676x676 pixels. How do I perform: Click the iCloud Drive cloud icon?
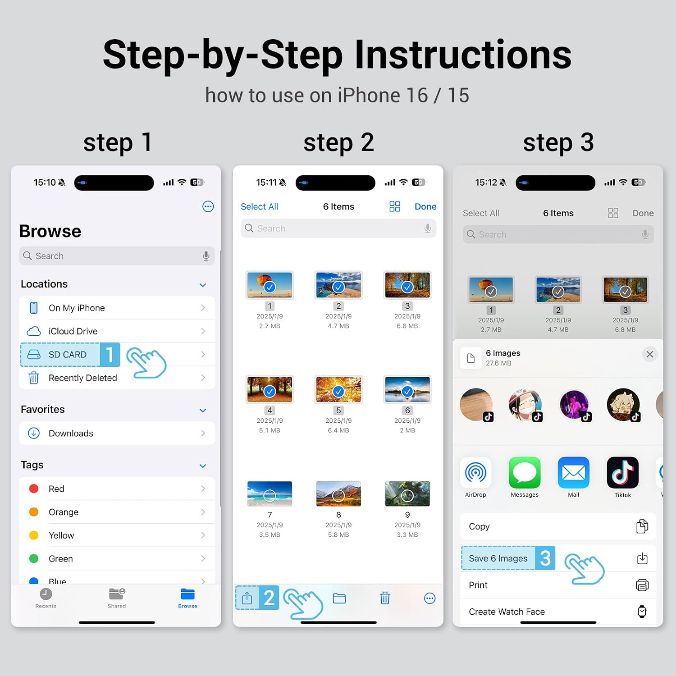click(34, 331)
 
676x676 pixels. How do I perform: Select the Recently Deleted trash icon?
click(34, 378)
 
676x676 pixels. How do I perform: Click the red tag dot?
click(34, 489)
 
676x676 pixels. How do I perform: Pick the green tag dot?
click(34, 558)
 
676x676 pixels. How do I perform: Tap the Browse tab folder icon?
click(187, 594)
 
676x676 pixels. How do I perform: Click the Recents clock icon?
click(46, 594)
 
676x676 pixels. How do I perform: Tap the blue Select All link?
click(259, 206)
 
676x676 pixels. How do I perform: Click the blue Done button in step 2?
click(425, 206)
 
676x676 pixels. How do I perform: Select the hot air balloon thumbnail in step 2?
click(269, 285)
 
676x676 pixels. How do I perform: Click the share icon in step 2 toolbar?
click(247, 598)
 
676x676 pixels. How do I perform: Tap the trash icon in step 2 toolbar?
click(385, 598)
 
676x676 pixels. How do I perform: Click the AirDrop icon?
click(475, 473)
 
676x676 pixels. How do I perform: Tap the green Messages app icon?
click(525, 473)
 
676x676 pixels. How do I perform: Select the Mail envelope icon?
click(574, 473)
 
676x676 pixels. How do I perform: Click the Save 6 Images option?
click(498, 558)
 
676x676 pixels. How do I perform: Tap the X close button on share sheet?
click(650, 354)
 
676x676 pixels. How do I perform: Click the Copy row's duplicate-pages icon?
click(642, 526)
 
